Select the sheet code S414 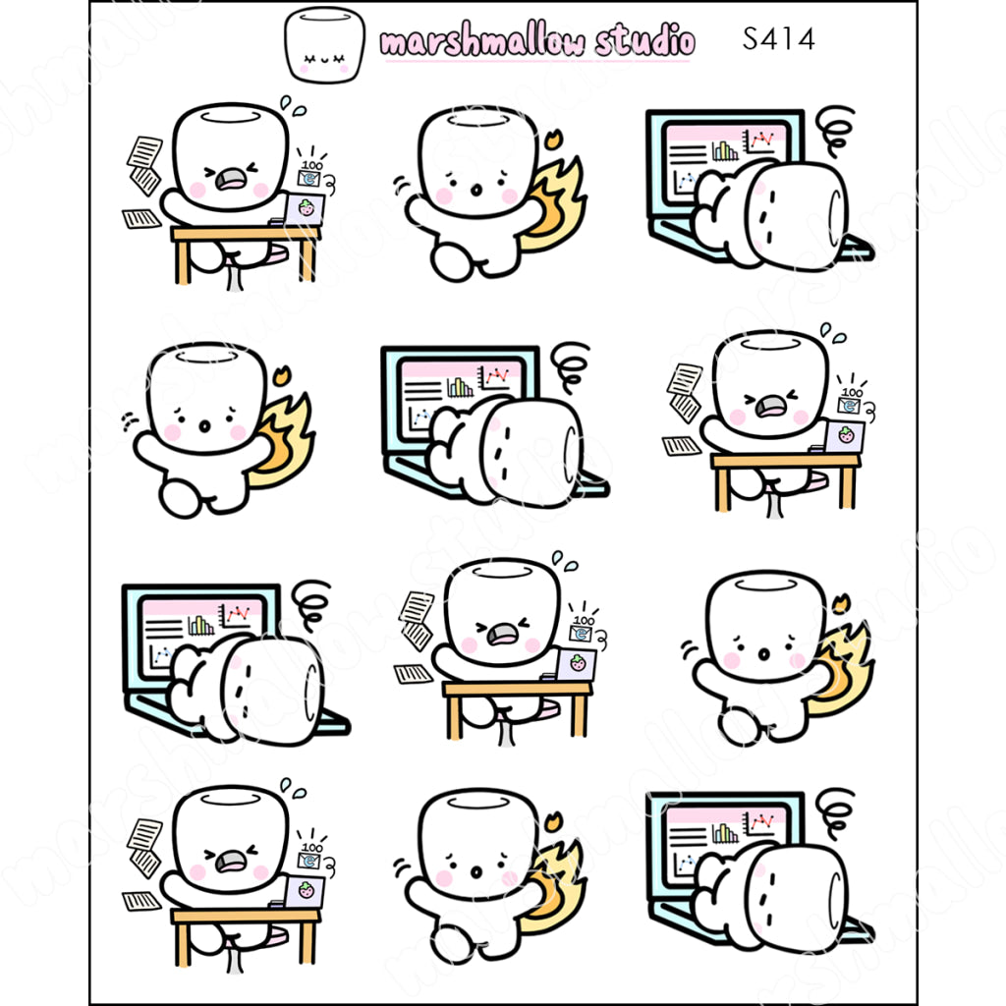click(778, 38)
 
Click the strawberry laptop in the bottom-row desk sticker click(305, 891)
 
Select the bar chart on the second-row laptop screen click(459, 387)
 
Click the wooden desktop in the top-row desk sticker click(246, 234)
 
